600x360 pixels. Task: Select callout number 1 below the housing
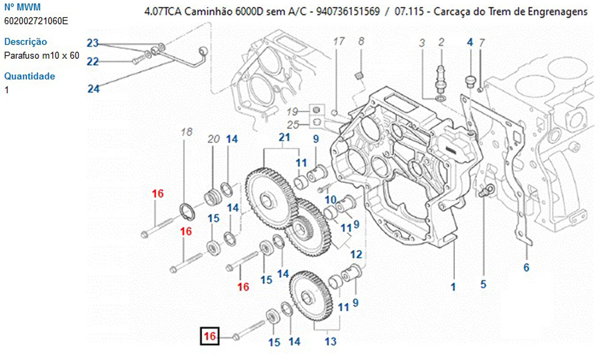(454, 287)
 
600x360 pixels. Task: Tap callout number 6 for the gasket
(526, 268)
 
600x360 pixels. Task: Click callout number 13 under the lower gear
(330, 342)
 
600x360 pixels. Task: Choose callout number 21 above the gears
(284, 138)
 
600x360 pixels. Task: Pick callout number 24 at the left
(93, 89)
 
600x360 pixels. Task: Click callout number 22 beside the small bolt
(92, 61)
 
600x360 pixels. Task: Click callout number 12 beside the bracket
(356, 254)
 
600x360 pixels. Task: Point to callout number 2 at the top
(441, 41)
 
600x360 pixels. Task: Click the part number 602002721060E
(36, 21)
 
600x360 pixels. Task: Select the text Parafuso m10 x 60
(41, 56)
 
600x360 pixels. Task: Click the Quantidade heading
(29, 76)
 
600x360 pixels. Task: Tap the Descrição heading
(26, 42)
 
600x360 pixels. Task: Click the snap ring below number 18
(188, 211)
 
